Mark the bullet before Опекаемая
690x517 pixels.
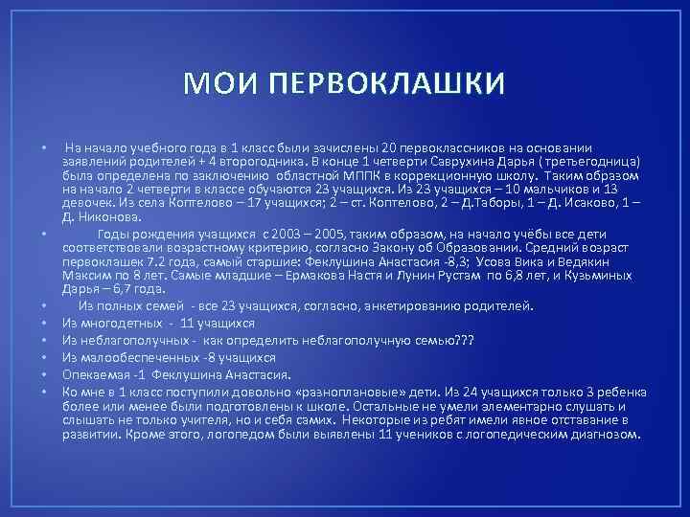pyautogui.click(x=45, y=373)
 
